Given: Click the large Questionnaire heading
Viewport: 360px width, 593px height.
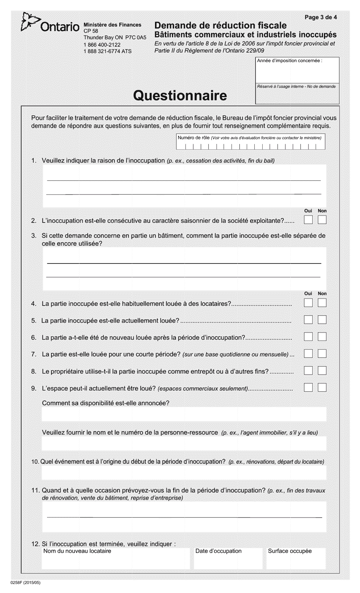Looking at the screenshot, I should coord(180,96).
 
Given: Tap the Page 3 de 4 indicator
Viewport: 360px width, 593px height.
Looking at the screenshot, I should coord(321,17).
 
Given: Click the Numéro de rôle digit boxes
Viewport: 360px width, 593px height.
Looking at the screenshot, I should coord(250,146).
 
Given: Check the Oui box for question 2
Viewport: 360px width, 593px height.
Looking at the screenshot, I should coord(308,220).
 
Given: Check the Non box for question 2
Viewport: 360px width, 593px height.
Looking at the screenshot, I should coord(322,220).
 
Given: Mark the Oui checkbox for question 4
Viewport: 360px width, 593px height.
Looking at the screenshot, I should coord(308,303).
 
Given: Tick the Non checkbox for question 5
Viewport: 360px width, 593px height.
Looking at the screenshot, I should coord(322,320).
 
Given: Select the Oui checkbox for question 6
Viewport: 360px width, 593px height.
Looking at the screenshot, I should coord(308,337).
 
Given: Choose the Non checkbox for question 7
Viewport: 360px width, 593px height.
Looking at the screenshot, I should coord(322,354).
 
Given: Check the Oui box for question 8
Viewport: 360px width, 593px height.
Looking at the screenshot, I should coord(308,370).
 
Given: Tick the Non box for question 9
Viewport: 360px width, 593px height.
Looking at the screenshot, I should coord(322,387).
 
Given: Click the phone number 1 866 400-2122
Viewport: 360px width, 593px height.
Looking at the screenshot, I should coord(102,45).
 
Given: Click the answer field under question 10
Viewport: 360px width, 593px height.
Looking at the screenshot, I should coord(184,473).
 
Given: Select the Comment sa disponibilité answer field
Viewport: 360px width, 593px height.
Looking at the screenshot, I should coord(184,414).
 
